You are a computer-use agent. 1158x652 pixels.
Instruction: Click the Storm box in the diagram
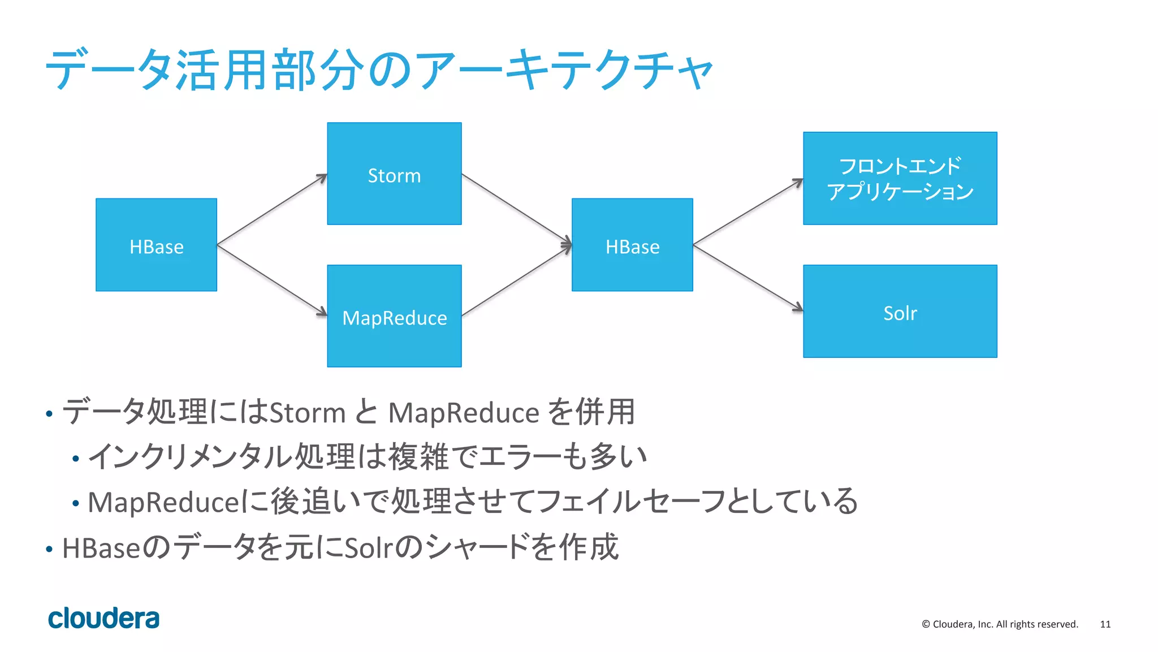point(394,174)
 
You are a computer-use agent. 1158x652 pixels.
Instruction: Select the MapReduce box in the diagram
point(394,316)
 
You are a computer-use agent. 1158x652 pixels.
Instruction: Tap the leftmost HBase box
point(156,245)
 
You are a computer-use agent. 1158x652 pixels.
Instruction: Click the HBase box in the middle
point(632,245)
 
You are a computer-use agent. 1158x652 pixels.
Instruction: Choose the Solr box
point(900,312)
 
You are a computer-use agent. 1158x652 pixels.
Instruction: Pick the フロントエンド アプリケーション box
point(900,178)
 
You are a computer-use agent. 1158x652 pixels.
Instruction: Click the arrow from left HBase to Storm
point(272,209)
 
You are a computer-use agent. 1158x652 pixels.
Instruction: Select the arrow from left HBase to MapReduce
point(272,280)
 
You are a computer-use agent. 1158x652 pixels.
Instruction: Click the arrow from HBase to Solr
point(747,278)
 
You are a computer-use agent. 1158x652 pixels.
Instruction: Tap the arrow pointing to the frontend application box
point(747,212)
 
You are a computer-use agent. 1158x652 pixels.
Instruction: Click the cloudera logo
point(103,618)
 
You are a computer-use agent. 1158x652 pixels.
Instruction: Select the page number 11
point(1105,624)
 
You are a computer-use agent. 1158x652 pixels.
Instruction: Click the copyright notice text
point(1000,624)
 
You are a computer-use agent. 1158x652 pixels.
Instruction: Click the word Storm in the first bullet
point(307,412)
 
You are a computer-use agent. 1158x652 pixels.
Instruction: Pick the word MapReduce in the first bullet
point(464,412)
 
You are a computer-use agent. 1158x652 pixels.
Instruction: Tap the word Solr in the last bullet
point(368,548)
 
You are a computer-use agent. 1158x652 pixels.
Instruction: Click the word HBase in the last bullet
point(101,548)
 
